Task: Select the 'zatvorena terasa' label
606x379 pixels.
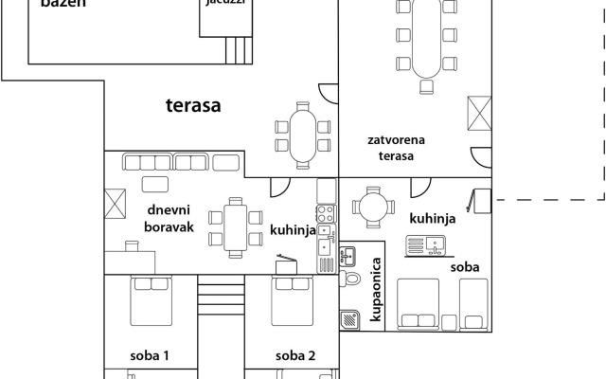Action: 396,149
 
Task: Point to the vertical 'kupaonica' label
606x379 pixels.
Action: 376,291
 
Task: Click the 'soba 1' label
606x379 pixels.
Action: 150,356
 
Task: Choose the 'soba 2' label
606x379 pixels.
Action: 294,356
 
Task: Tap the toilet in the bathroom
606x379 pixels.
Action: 350,280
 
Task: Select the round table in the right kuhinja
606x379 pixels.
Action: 370,206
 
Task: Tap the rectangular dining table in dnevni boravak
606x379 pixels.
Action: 236,226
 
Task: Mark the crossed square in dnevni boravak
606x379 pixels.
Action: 116,202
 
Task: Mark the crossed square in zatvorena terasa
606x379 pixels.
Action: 479,115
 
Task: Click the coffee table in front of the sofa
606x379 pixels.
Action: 155,184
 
